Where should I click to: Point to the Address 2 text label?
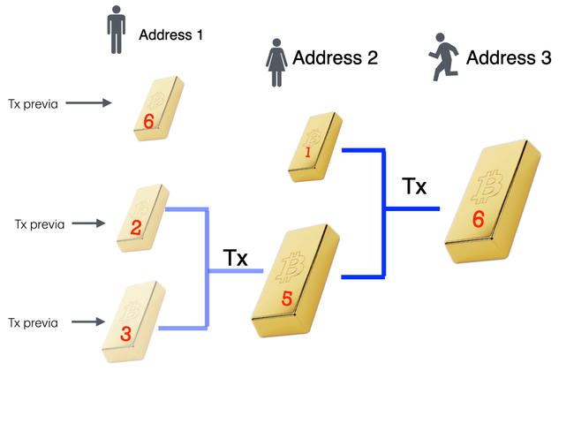[x=335, y=59]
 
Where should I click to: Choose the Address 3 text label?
[x=509, y=58]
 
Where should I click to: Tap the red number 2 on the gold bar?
[x=136, y=228]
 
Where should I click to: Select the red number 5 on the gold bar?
[x=286, y=299]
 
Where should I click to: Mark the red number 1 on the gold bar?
[x=308, y=153]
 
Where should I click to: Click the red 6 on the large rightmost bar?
[x=478, y=218]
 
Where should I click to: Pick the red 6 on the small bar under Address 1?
[x=149, y=119]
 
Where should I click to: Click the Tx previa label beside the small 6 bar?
[x=33, y=103]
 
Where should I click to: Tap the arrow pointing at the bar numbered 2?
[x=88, y=223]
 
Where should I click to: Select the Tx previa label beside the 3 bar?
[x=33, y=323]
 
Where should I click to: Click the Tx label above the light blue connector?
[x=235, y=258]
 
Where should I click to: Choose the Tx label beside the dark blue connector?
[x=413, y=187]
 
